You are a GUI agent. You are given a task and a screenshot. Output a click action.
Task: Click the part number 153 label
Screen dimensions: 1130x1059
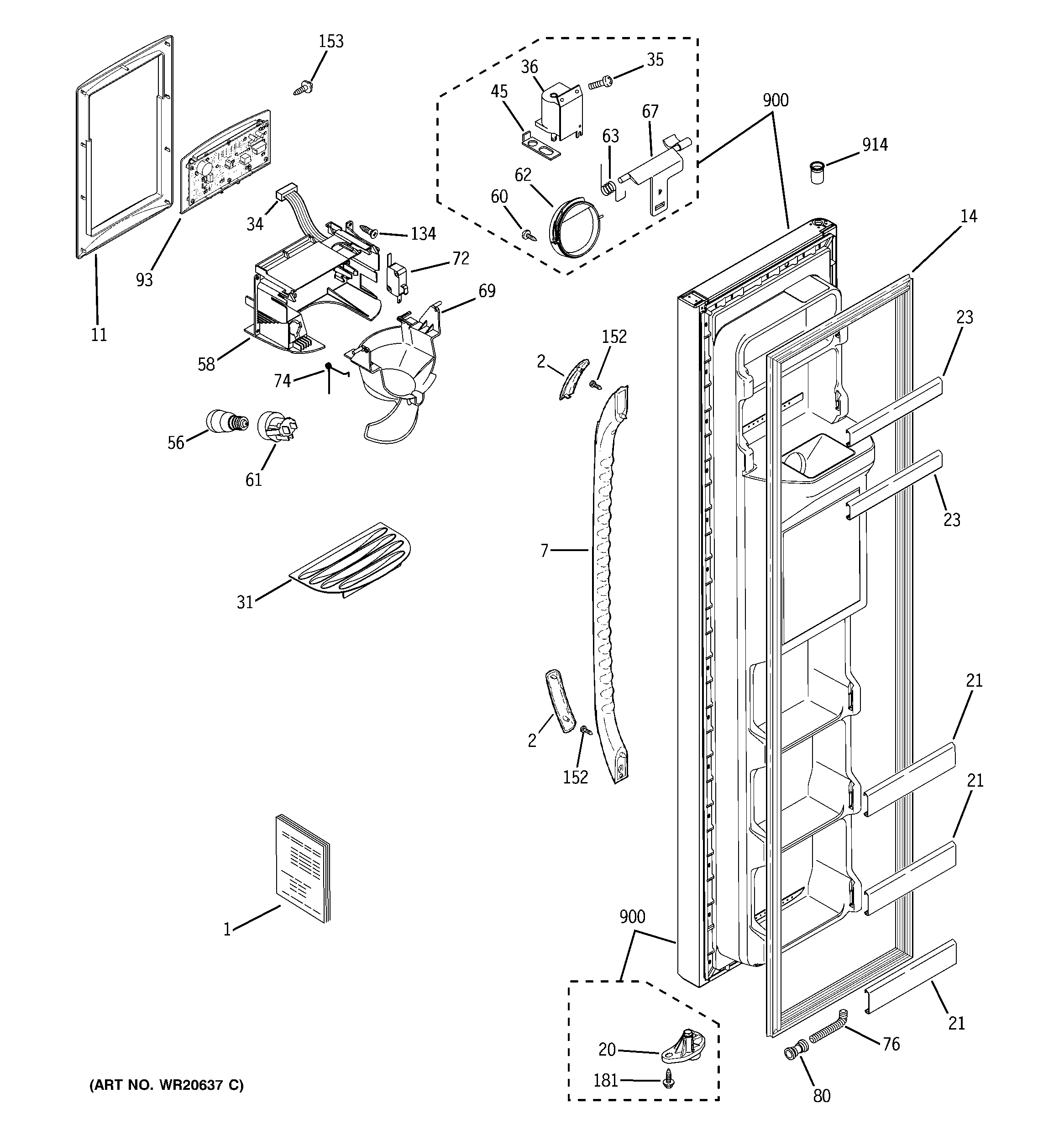click(x=331, y=42)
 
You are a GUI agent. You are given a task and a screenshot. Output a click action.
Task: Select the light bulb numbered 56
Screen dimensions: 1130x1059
click(x=226, y=421)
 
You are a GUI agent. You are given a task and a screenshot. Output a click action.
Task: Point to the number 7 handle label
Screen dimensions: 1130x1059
click(x=544, y=550)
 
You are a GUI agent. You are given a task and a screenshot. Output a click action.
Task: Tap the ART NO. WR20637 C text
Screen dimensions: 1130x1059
click(x=167, y=1085)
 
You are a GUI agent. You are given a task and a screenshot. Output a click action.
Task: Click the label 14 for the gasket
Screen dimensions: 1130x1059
click(x=969, y=216)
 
